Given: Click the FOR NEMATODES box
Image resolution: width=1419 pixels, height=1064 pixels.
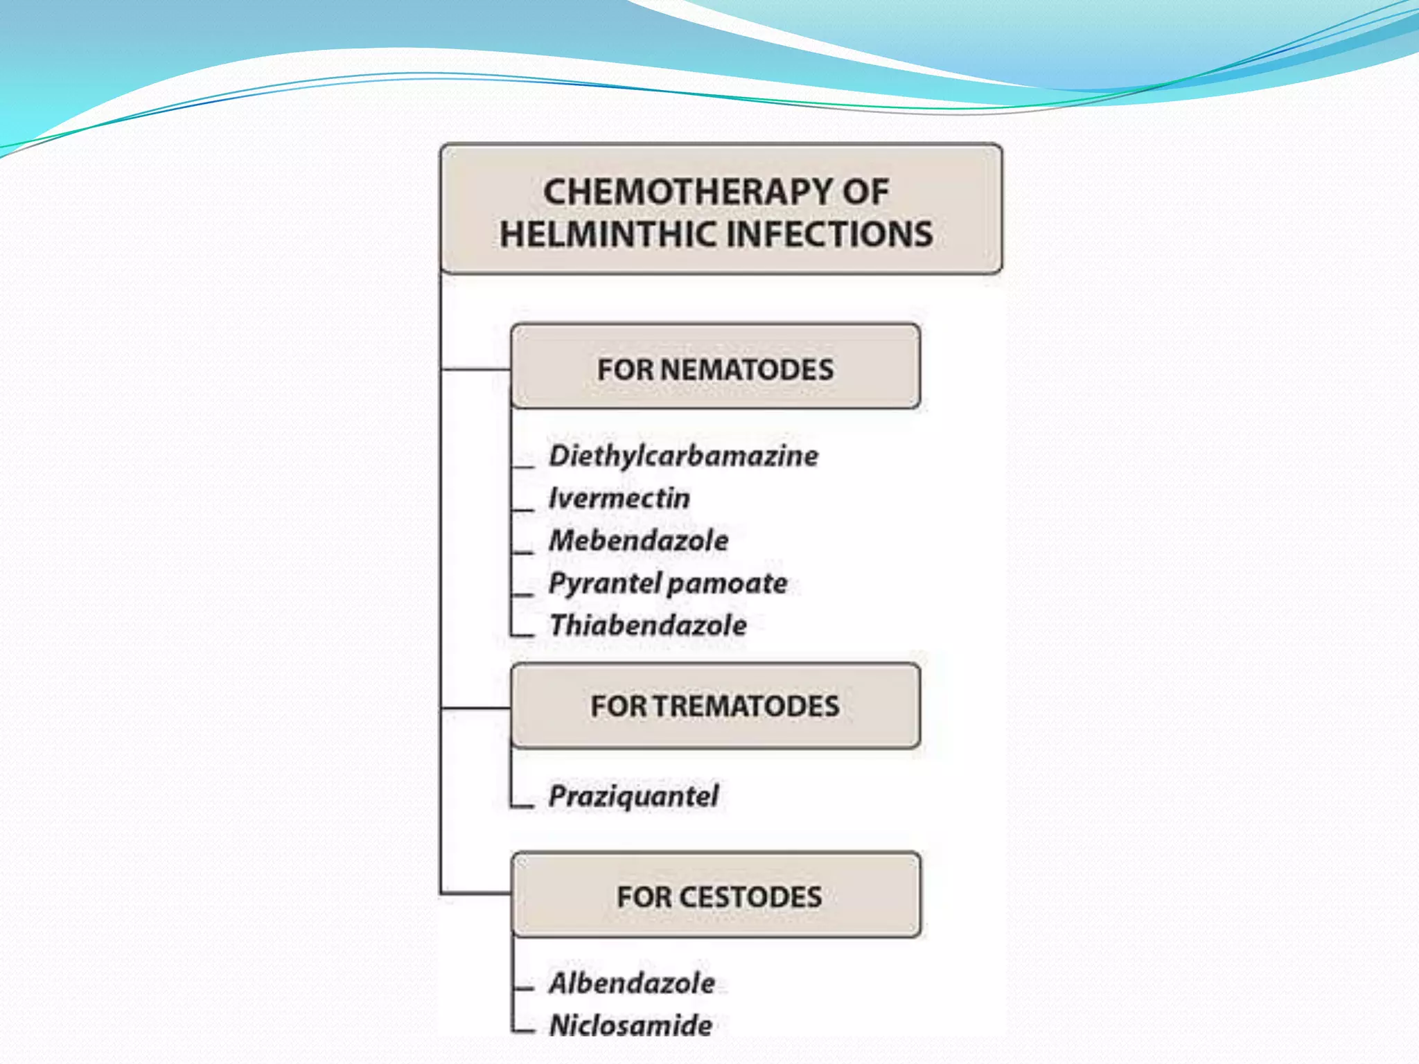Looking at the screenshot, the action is click(716, 366).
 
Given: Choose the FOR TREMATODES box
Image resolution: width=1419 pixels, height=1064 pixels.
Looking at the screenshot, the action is click(716, 706).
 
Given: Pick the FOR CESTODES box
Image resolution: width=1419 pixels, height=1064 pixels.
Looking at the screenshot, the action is click(716, 895).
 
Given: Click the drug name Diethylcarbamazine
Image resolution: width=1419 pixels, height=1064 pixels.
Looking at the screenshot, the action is click(683, 456).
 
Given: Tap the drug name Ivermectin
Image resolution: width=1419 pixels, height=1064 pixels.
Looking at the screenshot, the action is click(619, 498).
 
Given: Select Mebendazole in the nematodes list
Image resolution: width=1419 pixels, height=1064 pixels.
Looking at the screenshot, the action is click(639, 540).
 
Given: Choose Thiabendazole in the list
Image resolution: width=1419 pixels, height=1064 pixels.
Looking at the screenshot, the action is click(648, 626).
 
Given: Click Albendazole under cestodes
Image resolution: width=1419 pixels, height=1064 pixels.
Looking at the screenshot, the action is click(632, 983).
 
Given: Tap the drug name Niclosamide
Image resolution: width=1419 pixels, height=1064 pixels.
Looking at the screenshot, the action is click(631, 1025).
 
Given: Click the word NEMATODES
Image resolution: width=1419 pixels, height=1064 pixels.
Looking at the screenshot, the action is click(747, 369).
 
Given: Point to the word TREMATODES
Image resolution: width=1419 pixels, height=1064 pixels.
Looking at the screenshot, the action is click(746, 707).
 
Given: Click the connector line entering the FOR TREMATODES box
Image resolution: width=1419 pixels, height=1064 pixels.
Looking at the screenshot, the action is click(476, 708).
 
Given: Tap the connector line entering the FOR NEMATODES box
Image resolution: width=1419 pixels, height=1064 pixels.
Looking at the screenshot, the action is click(476, 369).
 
